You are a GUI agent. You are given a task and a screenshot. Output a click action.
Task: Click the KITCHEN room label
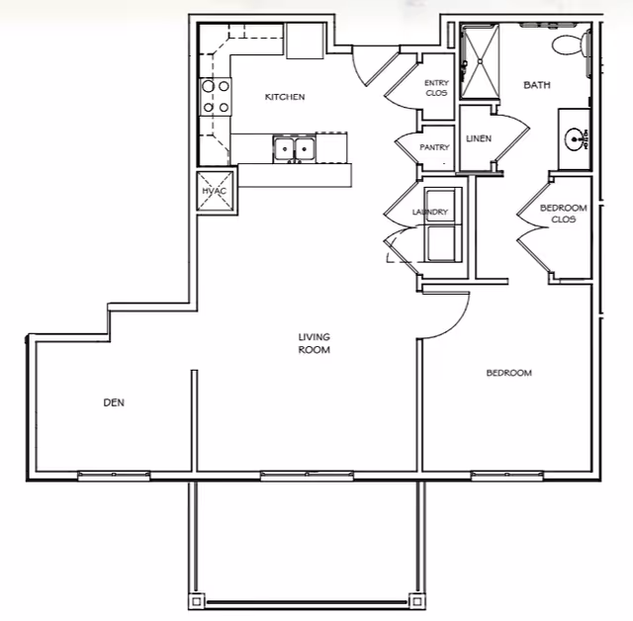click(285, 97)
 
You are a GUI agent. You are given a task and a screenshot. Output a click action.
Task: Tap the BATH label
click(537, 85)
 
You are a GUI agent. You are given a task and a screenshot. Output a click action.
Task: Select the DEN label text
click(114, 402)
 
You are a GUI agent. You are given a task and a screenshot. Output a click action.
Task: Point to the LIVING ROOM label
click(315, 343)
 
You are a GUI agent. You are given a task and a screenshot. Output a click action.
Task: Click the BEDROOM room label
click(508, 373)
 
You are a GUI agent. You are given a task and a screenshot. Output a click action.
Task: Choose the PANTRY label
click(434, 147)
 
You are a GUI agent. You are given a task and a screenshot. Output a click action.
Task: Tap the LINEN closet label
click(479, 138)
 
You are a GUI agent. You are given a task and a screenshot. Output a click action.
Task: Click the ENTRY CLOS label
click(436, 88)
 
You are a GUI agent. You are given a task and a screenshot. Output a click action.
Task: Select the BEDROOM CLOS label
click(564, 214)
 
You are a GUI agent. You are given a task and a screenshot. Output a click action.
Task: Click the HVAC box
click(215, 191)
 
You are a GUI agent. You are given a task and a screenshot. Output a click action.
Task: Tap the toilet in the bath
click(570, 44)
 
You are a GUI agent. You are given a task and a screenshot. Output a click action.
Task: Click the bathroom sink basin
click(576, 139)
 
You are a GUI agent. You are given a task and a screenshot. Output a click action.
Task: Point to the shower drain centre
click(481, 61)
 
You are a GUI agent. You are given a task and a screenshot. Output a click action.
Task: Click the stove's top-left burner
click(209, 86)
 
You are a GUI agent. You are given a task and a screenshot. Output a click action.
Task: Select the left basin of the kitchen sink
click(285, 148)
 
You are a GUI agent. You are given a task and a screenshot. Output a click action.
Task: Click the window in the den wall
click(114, 475)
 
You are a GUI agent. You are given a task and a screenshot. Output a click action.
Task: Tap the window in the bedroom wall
click(507, 475)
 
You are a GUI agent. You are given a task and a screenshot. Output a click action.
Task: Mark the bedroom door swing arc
click(456, 325)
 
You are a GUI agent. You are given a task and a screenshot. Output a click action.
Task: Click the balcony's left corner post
click(196, 601)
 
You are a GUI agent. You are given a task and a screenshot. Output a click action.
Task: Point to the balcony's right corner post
click(417, 601)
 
